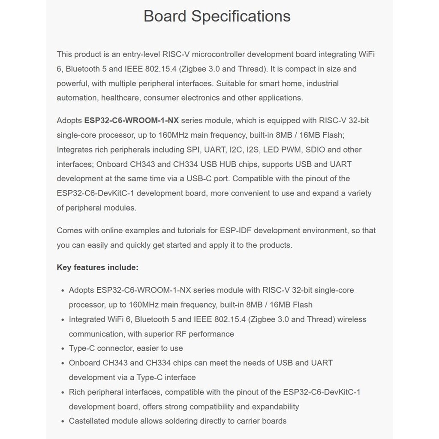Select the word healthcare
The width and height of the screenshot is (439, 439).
tap(120, 98)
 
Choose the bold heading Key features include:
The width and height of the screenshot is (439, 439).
tap(97, 268)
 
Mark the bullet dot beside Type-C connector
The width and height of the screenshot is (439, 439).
tap(63, 349)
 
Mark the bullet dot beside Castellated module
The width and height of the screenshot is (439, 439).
tap(63, 421)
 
